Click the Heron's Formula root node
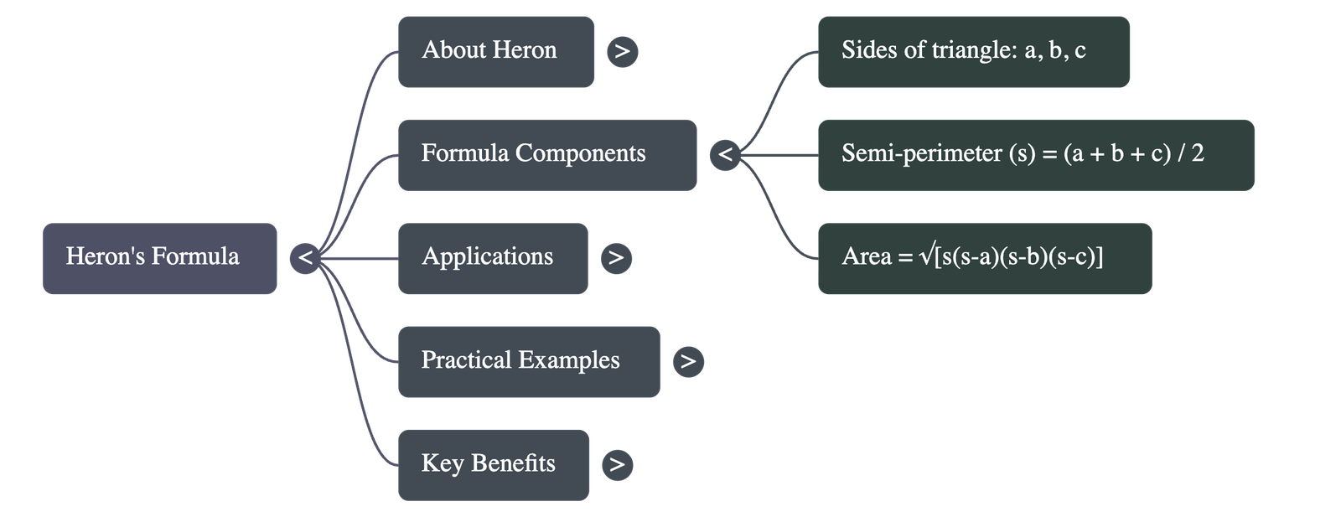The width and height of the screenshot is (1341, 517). coord(159,258)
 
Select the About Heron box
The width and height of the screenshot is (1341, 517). coord(496,51)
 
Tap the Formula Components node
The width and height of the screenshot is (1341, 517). coord(546,154)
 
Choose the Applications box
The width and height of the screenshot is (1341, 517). coord(493,258)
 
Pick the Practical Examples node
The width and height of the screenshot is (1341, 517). coord(529,361)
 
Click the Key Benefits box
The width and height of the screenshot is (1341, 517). coord(494,464)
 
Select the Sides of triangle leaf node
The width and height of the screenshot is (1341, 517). coord(973,51)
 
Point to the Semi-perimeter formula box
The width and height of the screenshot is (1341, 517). coord(1035,154)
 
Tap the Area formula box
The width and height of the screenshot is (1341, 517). coord(984,258)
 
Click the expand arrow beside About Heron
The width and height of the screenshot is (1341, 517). coord(622,52)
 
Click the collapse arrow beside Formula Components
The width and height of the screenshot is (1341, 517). coord(725,155)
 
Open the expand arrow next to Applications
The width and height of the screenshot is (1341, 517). coord(616,258)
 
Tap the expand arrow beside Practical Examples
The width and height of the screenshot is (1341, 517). coord(688,362)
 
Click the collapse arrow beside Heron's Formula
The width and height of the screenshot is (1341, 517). coord(305,258)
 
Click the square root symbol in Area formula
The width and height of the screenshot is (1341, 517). coord(926,256)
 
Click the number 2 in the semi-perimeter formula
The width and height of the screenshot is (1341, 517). coord(1197,153)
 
